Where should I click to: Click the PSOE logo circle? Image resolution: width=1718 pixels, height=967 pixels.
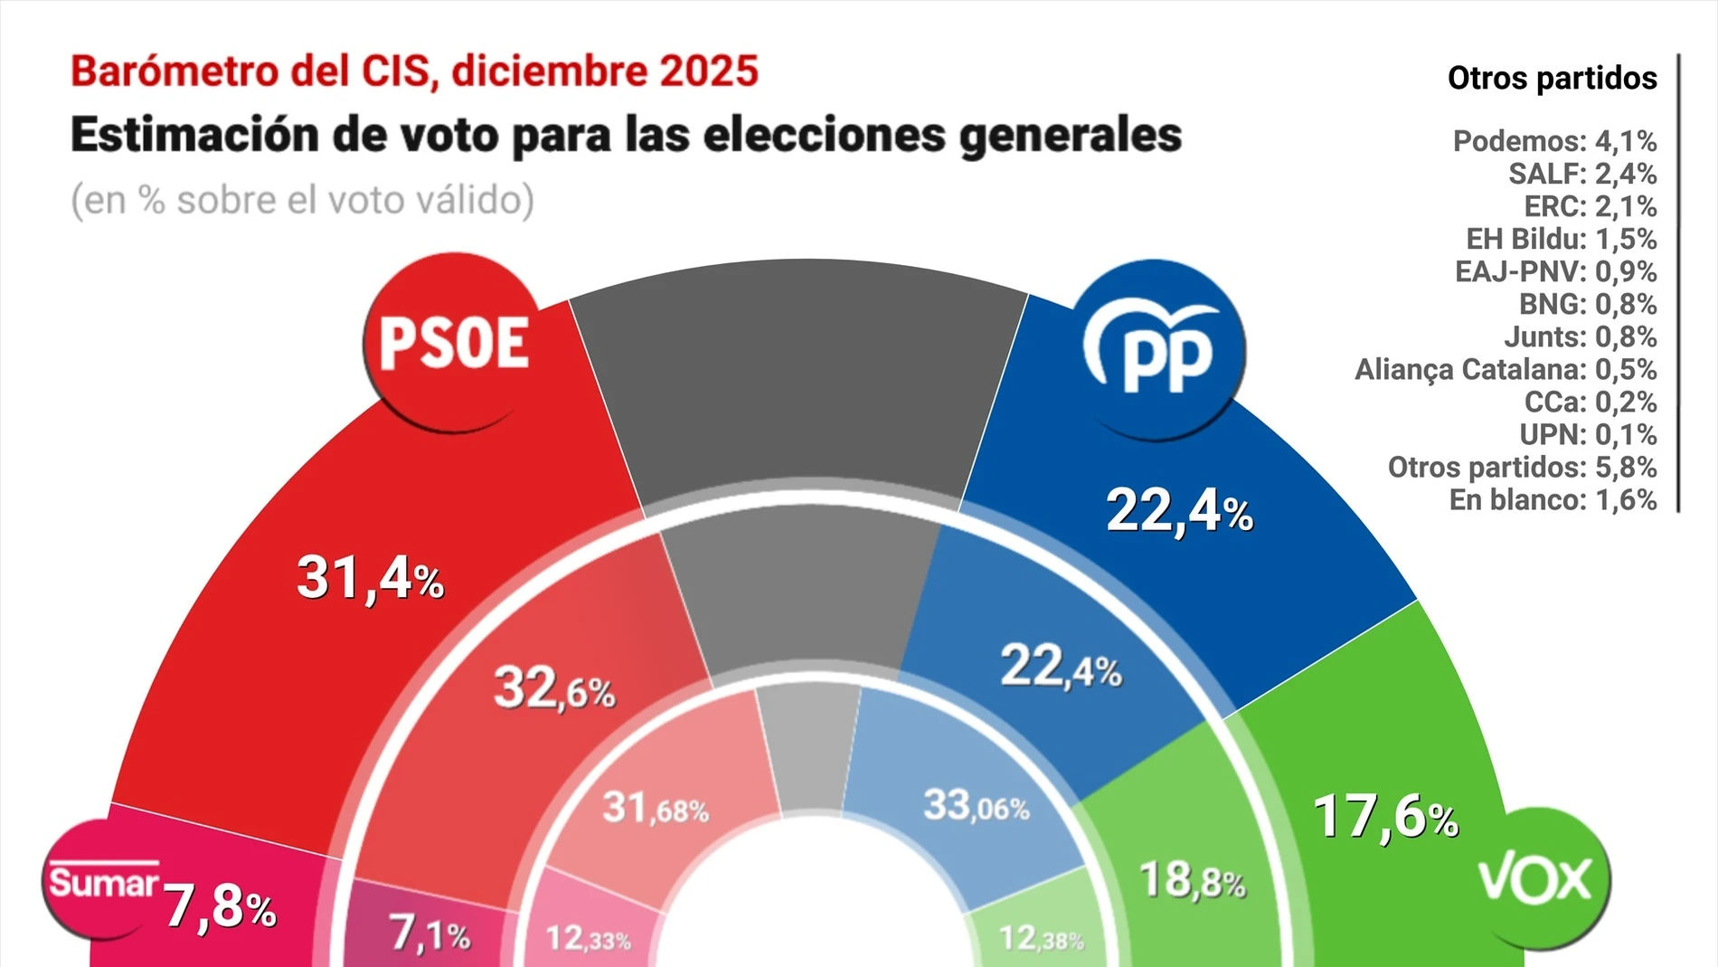pyautogui.click(x=453, y=344)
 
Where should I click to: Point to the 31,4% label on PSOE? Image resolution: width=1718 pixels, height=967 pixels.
pyautogui.click(x=370, y=578)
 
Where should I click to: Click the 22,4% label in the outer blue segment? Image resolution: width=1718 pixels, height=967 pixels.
pyautogui.click(x=1179, y=511)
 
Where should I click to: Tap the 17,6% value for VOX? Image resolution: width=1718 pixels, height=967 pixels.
pyautogui.click(x=1384, y=817)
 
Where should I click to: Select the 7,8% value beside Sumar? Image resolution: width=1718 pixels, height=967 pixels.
pyautogui.click(x=220, y=907)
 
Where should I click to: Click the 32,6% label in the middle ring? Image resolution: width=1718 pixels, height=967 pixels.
pyautogui.click(x=554, y=689)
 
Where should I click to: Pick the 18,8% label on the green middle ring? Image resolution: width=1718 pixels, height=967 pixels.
pyautogui.click(x=1192, y=880)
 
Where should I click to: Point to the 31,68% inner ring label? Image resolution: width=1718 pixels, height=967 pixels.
pyautogui.click(x=656, y=808)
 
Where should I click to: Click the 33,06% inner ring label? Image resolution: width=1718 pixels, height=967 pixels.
pyautogui.click(x=976, y=805)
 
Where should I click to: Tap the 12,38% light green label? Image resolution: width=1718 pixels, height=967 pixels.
pyautogui.click(x=1041, y=939)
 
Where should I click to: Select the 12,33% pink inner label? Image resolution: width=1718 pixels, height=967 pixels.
pyautogui.click(x=588, y=939)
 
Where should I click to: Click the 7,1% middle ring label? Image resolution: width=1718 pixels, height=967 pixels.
pyautogui.click(x=429, y=934)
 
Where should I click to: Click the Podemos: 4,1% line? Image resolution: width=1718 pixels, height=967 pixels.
pyautogui.click(x=1554, y=141)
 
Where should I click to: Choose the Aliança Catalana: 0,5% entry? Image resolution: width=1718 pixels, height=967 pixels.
pyautogui.click(x=1505, y=369)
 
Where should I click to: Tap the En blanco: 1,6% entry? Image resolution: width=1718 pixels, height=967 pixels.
pyautogui.click(x=1553, y=499)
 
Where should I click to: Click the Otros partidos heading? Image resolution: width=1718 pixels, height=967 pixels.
pyautogui.click(x=1552, y=78)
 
